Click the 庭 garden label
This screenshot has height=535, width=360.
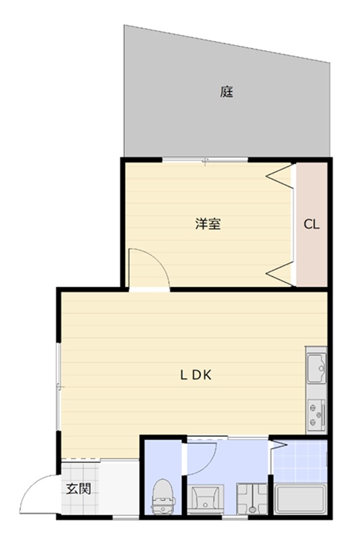227,91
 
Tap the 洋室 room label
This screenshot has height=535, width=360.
208,224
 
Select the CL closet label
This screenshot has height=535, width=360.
312,224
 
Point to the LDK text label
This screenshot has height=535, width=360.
195,375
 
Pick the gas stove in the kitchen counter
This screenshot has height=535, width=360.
317,413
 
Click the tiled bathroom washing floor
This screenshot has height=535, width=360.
300,462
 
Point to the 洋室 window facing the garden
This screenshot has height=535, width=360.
205,160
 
